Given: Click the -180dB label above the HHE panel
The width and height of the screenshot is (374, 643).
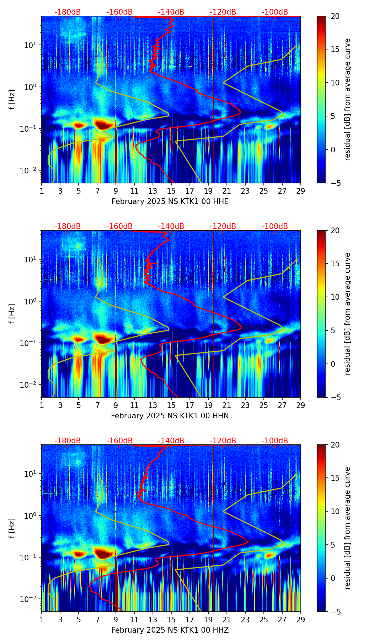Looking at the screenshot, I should click(x=68, y=12).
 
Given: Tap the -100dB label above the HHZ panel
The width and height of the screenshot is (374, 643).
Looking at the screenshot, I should click(x=275, y=441).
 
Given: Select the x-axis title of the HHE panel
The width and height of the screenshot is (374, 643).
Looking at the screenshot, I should click(x=170, y=202).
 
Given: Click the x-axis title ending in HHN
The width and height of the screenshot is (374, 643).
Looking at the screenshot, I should click(x=170, y=416).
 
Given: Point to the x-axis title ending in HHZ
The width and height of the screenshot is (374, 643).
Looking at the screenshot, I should click(x=170, y=630).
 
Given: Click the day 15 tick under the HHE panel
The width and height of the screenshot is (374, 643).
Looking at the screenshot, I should click(x=171, y=191).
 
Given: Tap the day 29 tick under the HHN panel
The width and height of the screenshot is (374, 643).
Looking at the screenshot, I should click(x=301, y=405).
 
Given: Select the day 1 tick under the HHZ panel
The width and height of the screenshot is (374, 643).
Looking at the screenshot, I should click(x=42, y=620).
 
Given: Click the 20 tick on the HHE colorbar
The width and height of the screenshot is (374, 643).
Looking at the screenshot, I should click(x=335, y=16).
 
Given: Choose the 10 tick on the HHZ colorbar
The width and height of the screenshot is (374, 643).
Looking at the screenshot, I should click(x=335, y=511).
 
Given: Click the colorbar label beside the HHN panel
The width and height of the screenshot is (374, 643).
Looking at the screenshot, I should click(x=348, y=314).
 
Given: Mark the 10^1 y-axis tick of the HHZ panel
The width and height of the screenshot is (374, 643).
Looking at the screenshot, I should click(x=32, y=474).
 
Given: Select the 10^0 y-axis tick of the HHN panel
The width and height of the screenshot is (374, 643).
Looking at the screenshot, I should click(x=32, y=301).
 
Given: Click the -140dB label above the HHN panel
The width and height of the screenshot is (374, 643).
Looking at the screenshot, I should click(x=171, y=226).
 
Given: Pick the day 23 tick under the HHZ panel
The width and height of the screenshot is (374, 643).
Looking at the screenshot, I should click(x=245, y=620).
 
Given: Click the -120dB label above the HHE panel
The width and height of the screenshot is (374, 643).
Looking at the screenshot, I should click(x=223, y=12).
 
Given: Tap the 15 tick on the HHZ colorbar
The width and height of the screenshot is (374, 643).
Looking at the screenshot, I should click(x=335, y=478).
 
